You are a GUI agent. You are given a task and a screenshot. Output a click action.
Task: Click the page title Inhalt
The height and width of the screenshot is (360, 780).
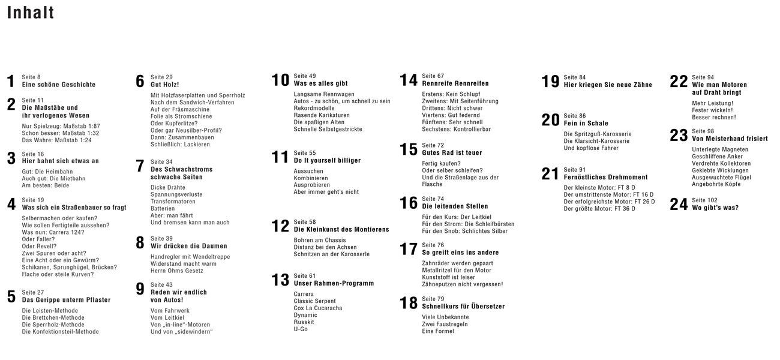pos(31,13)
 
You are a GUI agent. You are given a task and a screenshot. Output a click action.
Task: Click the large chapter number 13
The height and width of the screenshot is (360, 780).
pos(280,280)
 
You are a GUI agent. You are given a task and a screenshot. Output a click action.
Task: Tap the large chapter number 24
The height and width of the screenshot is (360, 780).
pos(679,205)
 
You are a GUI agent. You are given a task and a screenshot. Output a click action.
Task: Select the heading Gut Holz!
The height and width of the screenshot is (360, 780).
pos(164,85)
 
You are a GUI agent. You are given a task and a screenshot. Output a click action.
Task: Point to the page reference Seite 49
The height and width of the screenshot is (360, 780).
pos(305,76)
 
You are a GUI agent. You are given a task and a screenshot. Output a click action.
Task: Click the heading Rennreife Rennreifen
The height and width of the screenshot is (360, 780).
pos(455,83)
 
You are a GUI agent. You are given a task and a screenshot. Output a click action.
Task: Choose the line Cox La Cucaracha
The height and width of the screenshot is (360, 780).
pos(318,308)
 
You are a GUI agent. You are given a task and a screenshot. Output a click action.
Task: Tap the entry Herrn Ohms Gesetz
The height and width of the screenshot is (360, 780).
pos(177,271)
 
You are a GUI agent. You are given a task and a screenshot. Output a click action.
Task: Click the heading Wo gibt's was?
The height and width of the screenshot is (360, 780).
pos(715,208)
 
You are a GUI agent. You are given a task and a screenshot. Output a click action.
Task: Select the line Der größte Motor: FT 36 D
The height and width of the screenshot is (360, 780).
pos(599,209)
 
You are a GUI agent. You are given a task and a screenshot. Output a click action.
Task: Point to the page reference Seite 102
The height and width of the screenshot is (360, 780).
pos(704,200)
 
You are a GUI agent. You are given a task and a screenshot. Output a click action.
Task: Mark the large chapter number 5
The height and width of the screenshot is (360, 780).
pos(11,297)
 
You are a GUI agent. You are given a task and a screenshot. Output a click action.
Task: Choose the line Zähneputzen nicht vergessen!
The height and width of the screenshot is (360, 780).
pos(463,284)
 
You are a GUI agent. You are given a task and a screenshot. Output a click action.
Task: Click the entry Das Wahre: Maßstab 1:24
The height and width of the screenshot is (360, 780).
pos(57,140)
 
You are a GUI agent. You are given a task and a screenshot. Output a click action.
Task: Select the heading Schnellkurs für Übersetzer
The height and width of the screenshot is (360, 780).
pos(463,306)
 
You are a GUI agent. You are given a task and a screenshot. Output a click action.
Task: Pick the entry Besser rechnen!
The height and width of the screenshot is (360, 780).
pos(713,117)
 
